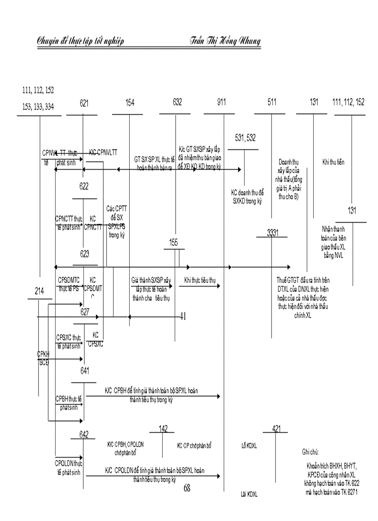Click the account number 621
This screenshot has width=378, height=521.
84,103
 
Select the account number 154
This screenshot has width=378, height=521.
130,103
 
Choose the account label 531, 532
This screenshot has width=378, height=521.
246,138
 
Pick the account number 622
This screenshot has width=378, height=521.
84,187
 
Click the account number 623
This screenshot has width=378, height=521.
84,254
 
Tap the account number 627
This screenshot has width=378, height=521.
85,312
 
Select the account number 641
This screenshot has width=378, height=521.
85,370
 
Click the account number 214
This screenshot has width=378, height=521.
39,291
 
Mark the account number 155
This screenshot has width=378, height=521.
174,242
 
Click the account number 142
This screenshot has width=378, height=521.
163,429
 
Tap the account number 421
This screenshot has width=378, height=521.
277,429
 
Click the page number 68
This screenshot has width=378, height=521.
187,488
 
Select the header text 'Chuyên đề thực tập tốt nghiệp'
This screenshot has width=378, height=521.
81,42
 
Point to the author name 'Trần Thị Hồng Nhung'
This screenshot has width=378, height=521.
225,41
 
